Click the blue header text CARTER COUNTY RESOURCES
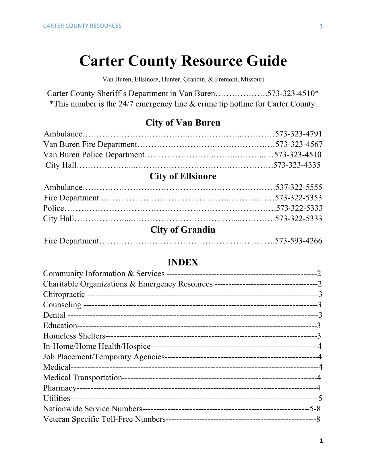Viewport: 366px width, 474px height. (x=82, y=26)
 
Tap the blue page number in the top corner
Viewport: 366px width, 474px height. (x=321, y=26)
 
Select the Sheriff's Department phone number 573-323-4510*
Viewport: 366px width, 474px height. (x=293, y=94)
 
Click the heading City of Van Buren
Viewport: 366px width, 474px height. (x=183, y=123)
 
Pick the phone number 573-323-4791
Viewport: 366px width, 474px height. (x=299, y=134)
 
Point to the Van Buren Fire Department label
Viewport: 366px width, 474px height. (x=90, y=144)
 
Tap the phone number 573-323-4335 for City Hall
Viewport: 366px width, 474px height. (x=297, y=165)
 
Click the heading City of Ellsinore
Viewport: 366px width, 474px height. (x=183, y=176)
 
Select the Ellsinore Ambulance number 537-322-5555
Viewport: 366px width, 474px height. (x=299, y=187)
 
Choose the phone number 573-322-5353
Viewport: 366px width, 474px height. (x=299, y=198)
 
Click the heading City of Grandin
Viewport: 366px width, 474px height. (x=183, y=230)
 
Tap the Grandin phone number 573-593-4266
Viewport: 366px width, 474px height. (x=299, y=241)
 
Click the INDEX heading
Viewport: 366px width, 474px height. (x=183, y=262)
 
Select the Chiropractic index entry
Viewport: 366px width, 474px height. (x=64, y=294)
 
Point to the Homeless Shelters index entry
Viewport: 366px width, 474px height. (x=74, y=336)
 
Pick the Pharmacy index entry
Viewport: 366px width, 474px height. (x=60, y=388)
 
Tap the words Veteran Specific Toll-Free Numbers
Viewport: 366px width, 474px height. (x=104, y=419)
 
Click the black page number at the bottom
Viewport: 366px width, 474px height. (x=321, y=441)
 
